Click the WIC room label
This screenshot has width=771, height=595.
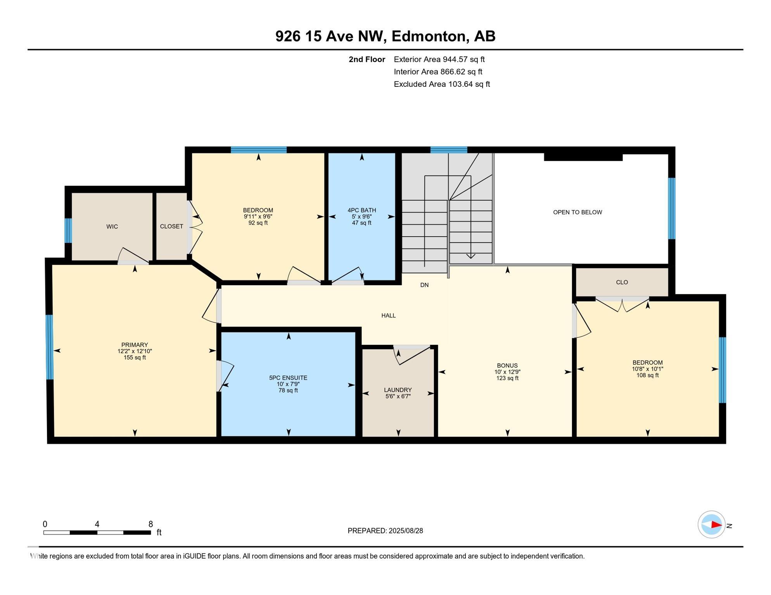[112, 227]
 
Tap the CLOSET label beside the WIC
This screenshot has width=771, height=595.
[171, 227]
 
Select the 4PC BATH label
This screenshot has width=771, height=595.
[362, 210]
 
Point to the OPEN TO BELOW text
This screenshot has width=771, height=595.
[577, 212]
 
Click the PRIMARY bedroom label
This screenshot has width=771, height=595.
[135, 345]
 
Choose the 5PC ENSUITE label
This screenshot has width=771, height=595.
[288, 378]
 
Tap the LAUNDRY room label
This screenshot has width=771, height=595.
[398, 390]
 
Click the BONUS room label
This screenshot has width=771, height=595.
[507, 366]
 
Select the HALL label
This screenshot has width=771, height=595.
[388, 316]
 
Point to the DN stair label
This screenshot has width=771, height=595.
[424, 285]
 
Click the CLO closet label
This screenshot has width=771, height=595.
[622, 282]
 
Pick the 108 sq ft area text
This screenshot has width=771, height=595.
[647, 375]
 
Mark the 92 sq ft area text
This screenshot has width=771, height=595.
[258, 223]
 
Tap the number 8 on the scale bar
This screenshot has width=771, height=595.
[150, 524]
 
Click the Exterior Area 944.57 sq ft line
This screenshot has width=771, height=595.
[439, 59]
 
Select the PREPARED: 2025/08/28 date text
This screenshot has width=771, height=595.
[385, 531]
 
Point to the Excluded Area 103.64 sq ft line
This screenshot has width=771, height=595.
[442, 84]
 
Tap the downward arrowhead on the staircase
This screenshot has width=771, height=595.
[471, 256]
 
